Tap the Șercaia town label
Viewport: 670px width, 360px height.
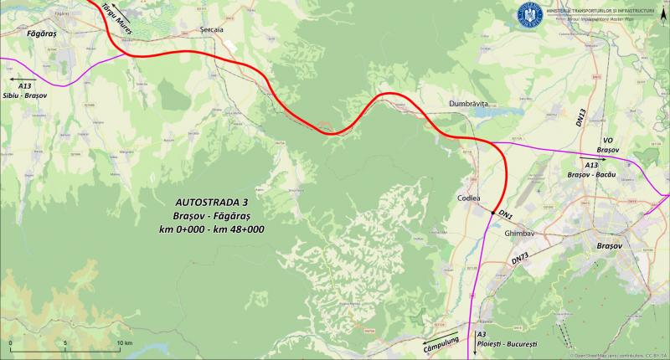(x=213, y=29)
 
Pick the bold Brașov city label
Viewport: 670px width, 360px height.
(x=606, y=250)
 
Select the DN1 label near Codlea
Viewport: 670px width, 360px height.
(x=506, y=216)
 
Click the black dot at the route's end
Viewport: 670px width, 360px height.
(x=493, y=213)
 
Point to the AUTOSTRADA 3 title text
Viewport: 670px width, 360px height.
(x=212, y=203)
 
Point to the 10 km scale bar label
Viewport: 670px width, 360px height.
(x=124, y=343)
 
